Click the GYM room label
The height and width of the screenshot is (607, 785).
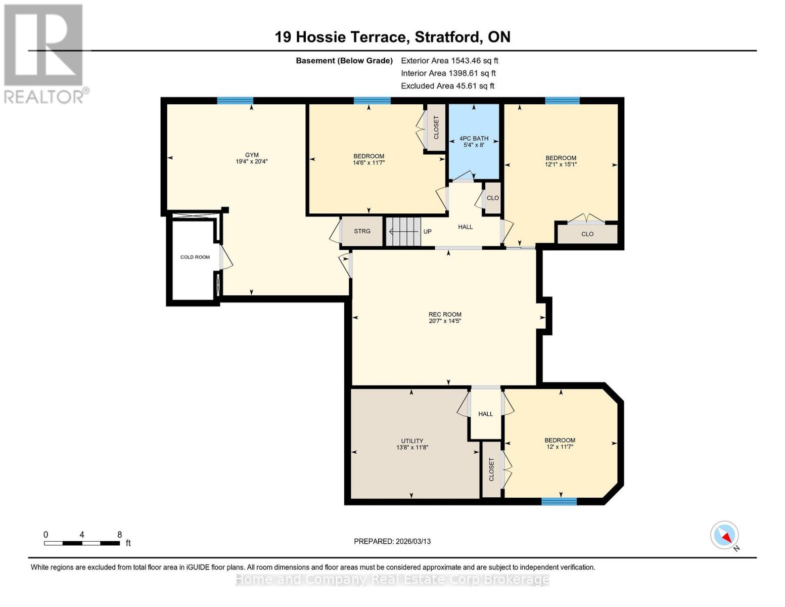251,155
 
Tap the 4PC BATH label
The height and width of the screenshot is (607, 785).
474,138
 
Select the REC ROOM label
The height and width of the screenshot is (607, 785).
445,314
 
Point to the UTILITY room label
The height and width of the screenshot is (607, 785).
412,441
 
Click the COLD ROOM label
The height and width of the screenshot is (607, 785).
195,257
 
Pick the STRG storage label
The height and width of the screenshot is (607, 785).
362,231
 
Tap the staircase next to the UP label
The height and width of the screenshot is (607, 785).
403,231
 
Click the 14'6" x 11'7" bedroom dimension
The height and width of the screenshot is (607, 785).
368,163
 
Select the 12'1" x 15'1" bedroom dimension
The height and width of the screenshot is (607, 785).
561,164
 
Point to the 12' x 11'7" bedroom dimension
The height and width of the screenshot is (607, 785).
560,447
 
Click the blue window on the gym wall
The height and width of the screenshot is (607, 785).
235,101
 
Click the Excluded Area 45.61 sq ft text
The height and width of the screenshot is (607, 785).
447,86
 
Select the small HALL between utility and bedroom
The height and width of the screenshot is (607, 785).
485,414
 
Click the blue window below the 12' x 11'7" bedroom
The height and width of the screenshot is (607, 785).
559,501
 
